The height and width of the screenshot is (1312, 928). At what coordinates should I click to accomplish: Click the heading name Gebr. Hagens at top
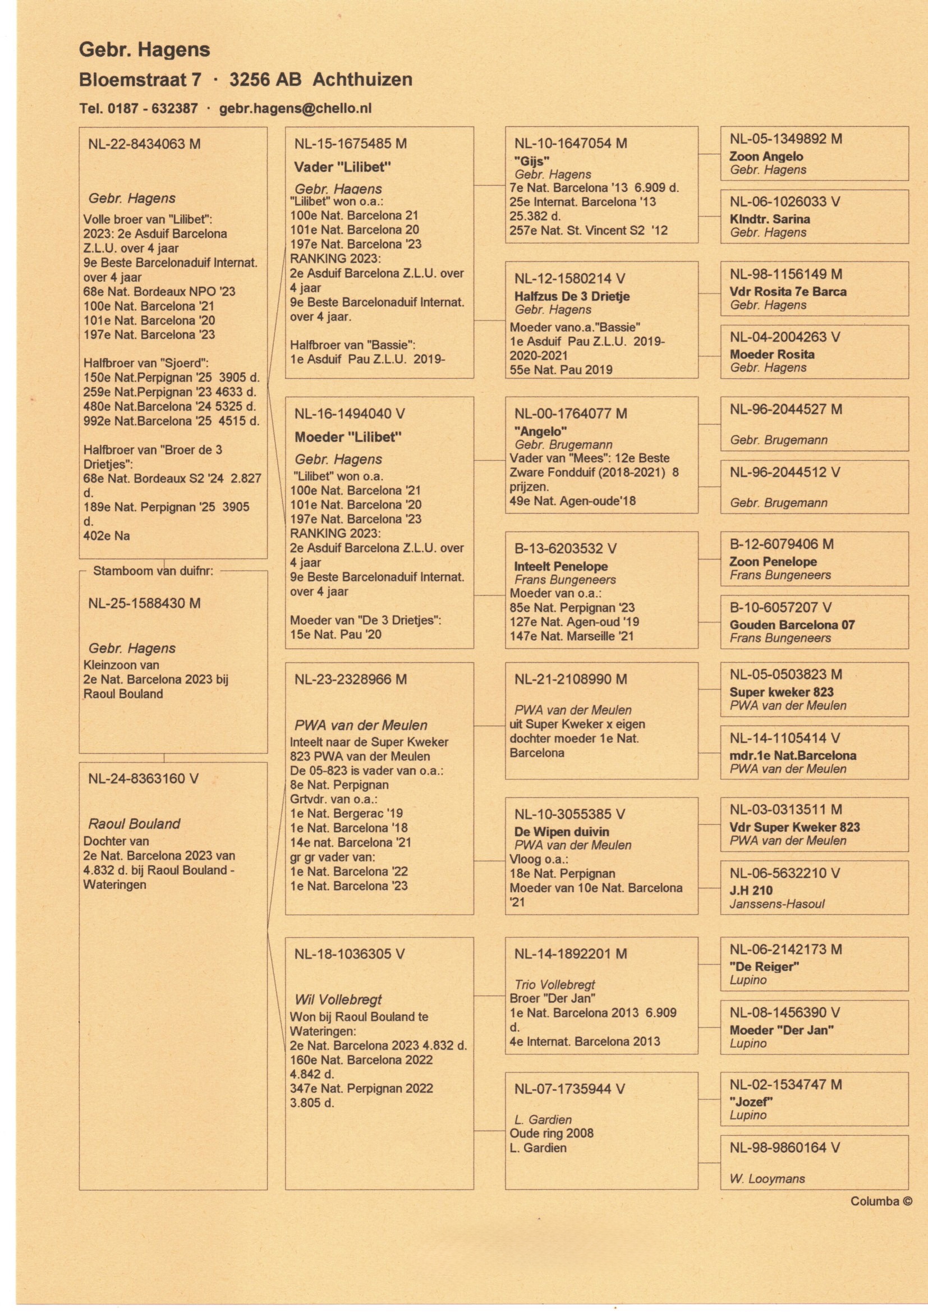pyautogui.click(x=145, y=51)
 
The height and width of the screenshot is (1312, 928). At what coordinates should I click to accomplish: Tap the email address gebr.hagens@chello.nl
pyautogui.click(x=296, y=108)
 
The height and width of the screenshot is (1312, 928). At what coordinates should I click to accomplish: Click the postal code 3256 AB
pyautogui.click(x=265, y=80)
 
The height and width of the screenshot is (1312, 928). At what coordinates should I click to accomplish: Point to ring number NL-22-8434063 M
pyautogui.click(x=144, y=144)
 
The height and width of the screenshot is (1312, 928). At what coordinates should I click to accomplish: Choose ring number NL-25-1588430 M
pyautogui.click(x=144, y=603)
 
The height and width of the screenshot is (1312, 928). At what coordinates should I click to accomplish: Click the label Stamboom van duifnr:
pyautogui.click(x=153, y=570)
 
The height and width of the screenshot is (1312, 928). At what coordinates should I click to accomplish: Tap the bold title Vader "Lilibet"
pyautogui.click(x=342, y=167)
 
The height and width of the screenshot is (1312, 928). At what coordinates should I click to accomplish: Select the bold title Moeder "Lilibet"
pyautogui.click(x=348, y=438)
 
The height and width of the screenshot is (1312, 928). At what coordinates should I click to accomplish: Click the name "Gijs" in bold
pyautogui.click(x=532, y=161)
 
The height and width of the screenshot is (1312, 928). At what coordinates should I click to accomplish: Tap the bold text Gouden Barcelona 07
pyautogui.click(x=792, y=625)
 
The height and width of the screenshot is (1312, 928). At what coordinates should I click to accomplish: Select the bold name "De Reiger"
pyautogui.click(x=764, y=967)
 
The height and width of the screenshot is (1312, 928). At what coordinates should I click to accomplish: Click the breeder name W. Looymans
pyautogui.click(x=767, y=1179)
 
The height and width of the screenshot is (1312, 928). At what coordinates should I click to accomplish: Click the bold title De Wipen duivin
pyautogui.click(x=562, y=832)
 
